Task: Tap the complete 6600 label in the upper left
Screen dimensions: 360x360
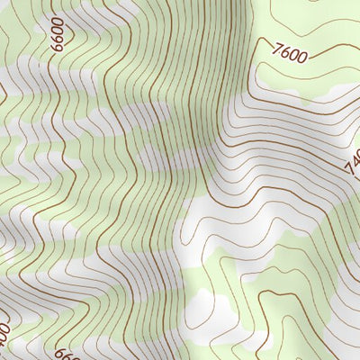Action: coord(59,34)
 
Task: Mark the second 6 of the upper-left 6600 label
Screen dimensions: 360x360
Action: coord(59,39)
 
